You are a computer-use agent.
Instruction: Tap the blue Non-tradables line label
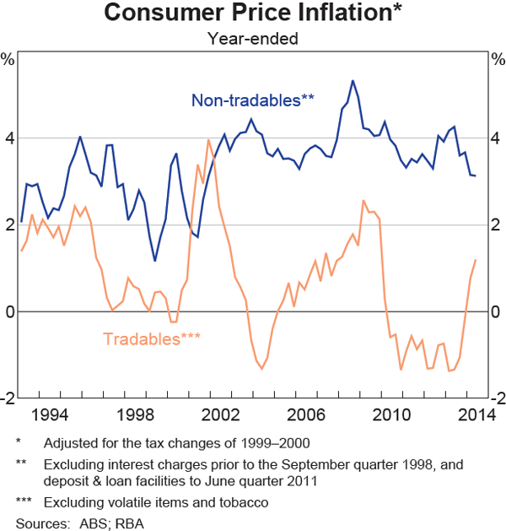pos(253,100)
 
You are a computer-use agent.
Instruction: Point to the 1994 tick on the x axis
pos(53,415)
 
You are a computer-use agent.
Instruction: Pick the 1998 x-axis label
pos(138,415)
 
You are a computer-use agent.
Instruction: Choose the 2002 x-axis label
pos(223,415)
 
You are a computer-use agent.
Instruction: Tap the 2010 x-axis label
pos(393,415)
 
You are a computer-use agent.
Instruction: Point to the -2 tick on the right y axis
pos(495,398)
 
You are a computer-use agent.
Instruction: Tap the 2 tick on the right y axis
pos(497,225)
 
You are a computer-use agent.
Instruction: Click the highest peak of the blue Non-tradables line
pos(353,81)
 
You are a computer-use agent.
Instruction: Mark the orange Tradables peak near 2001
pos(208,139)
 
